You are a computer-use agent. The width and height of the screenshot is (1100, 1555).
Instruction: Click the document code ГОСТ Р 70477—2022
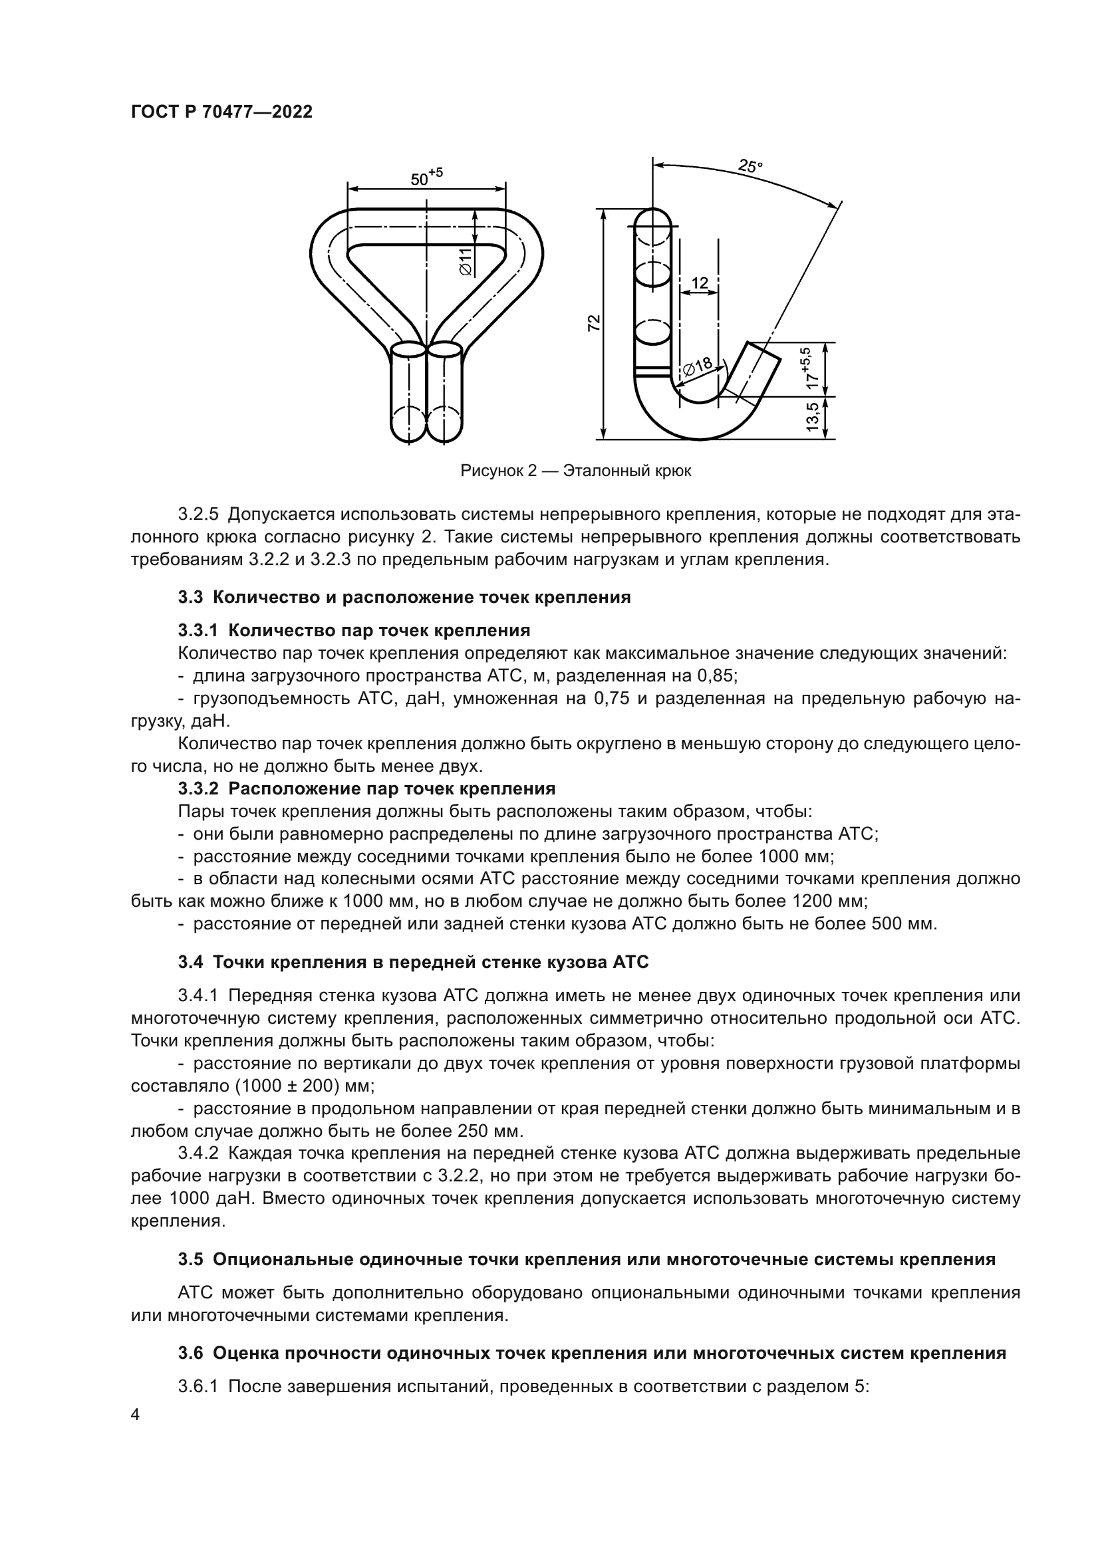221,112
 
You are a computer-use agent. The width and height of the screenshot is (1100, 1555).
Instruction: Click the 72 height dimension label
593,323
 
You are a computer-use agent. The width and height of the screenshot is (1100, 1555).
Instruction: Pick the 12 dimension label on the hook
700,283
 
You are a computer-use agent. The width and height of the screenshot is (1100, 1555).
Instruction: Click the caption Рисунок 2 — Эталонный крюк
576,471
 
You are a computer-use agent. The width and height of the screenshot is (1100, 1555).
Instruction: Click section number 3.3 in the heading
190,598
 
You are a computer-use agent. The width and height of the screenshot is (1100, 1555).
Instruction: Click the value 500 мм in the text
897,924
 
